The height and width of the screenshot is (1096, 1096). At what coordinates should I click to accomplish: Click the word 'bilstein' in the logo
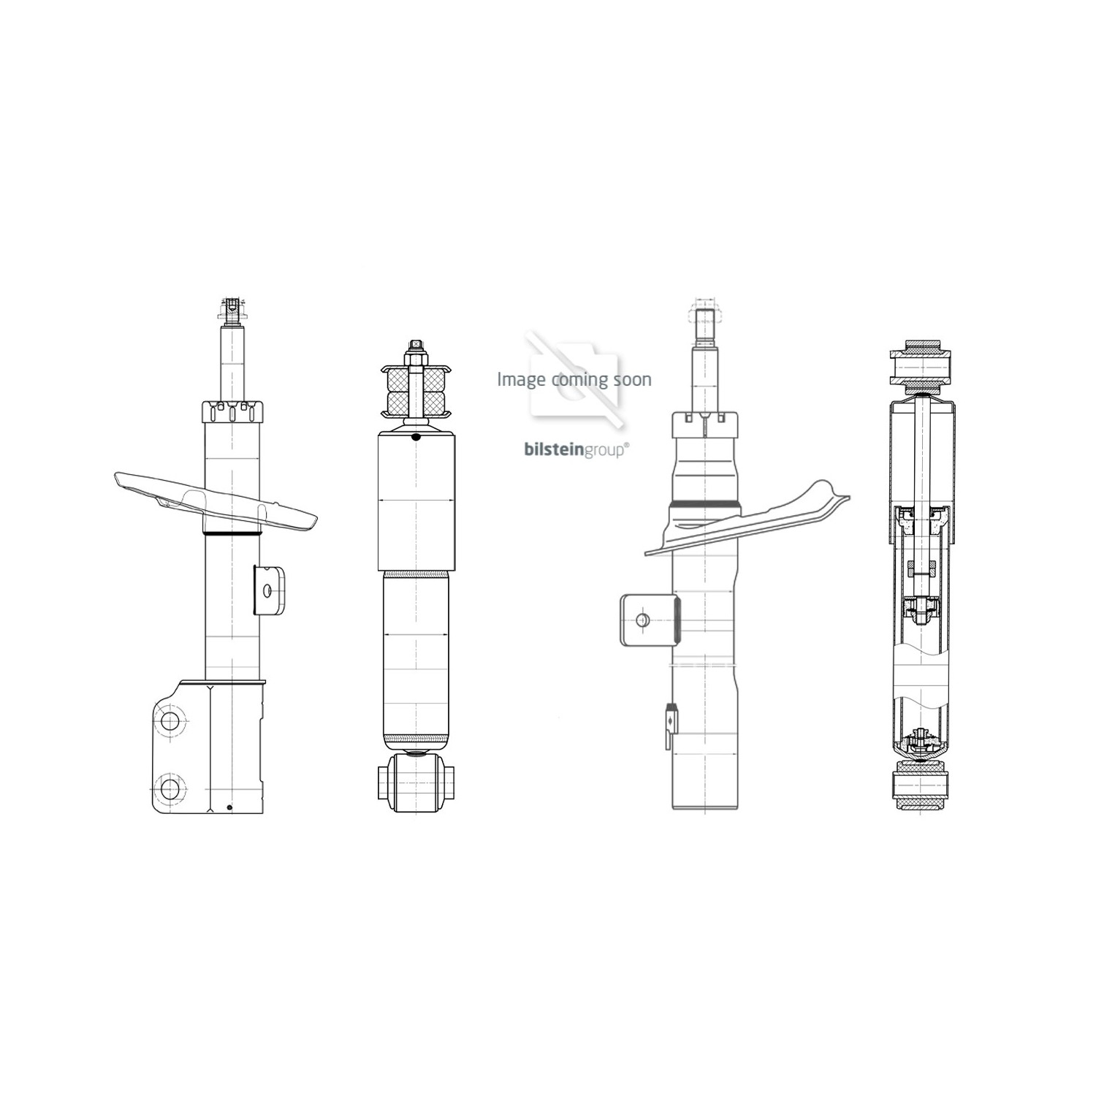point(552,450)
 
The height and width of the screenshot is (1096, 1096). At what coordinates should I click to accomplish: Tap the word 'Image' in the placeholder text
point(521,379)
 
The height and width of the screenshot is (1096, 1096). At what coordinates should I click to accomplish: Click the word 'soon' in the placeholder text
point(633,379)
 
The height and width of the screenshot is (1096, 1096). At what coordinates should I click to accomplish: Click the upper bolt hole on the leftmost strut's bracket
point(170,722)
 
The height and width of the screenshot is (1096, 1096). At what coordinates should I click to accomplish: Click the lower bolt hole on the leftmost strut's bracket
point(170,789)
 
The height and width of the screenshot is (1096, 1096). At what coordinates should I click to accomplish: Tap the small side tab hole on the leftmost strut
point(268,590)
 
